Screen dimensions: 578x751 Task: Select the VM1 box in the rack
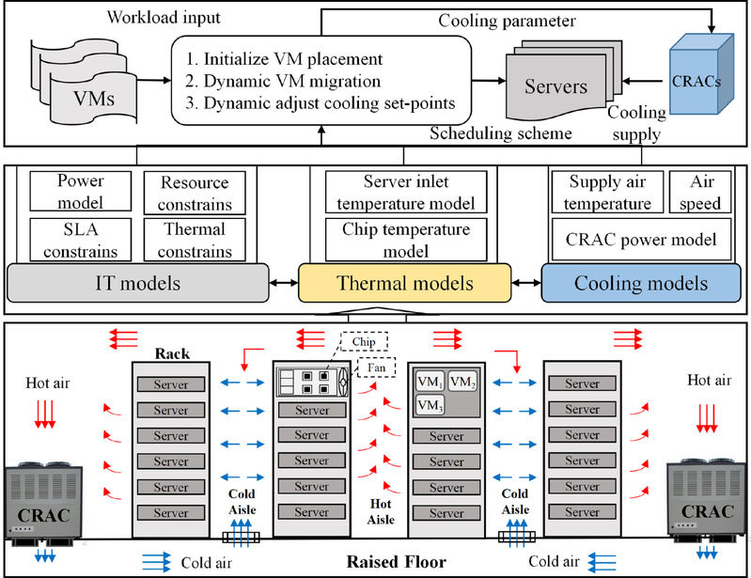tap(428, 381)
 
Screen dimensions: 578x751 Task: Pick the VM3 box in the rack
tap(428, 404)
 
